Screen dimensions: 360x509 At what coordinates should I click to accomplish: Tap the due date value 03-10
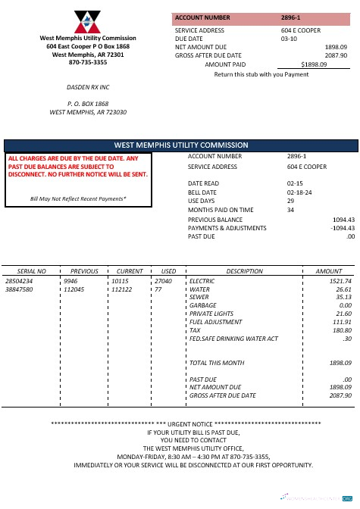point(289,38)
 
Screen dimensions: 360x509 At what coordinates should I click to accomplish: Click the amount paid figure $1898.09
point(314,65)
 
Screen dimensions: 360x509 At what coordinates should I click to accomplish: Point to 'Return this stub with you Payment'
point(261,74)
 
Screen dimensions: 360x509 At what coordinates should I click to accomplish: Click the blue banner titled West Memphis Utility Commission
point(180,145)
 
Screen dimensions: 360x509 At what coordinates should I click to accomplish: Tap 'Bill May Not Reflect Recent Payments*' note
point(78,198)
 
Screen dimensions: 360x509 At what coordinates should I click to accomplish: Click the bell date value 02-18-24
point(297,192)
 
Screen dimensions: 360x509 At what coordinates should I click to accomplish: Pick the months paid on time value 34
point(290,210)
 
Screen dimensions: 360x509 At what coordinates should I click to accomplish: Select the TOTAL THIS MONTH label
point(217,363)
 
